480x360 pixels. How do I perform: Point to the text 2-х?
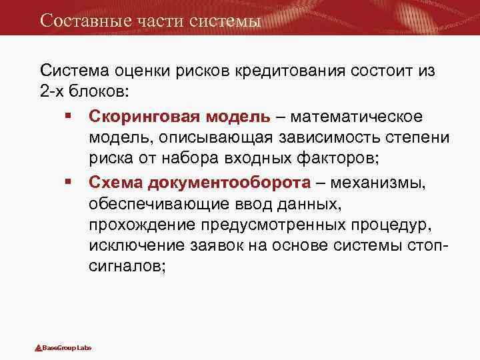pos(53,91)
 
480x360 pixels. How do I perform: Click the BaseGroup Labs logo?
pos(63,348)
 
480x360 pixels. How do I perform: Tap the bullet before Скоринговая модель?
pos(69,117)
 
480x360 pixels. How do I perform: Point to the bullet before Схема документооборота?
pos(69,181)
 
